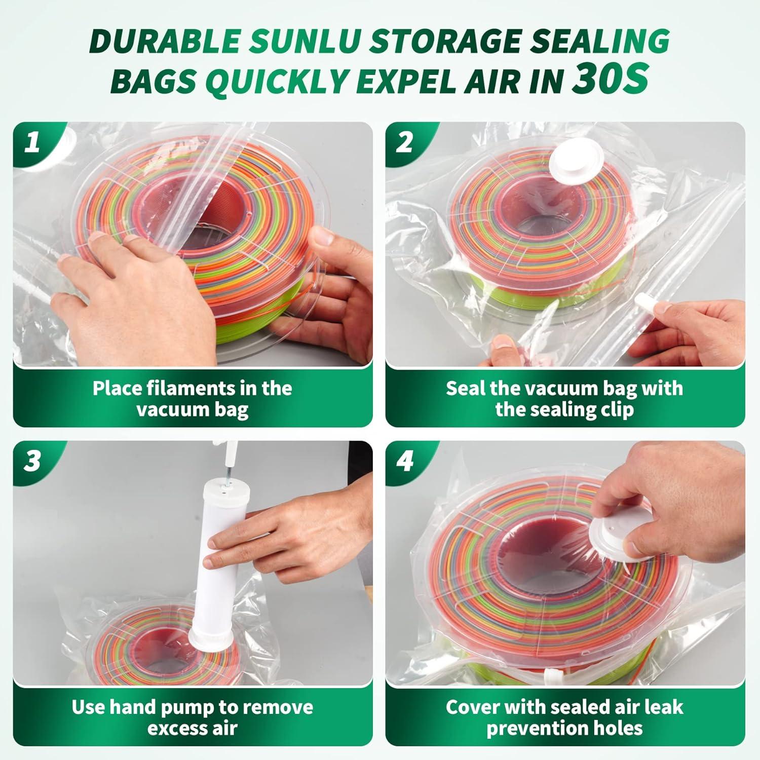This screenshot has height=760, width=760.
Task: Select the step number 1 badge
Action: pos(32,143)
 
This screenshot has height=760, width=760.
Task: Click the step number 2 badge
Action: pos(404,143)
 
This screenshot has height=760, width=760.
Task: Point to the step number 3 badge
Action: pos(32,462)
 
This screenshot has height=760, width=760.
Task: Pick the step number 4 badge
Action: pos(404,462)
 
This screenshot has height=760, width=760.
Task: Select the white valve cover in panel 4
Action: pos(614,541)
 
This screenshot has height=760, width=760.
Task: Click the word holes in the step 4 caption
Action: pos(618,728)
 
